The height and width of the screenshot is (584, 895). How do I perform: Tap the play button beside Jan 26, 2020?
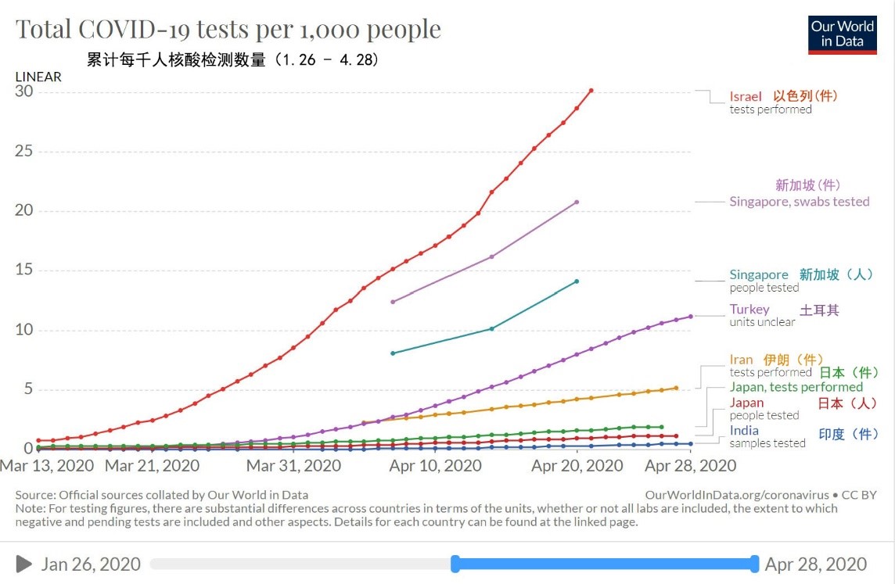24,564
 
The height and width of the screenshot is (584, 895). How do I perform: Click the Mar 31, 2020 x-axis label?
294,466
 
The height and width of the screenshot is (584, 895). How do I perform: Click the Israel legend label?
746,96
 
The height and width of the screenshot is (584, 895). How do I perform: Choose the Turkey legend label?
749,310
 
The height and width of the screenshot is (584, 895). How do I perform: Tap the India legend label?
744,431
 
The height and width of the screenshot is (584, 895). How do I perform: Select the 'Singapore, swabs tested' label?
799,202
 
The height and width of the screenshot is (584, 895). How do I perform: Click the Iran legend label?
741,360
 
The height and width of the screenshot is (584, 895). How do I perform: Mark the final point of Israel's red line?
591,91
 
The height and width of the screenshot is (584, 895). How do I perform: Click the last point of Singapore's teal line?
577,281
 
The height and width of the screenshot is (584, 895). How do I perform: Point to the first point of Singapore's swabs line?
393,302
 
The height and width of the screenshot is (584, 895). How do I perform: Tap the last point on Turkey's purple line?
691,317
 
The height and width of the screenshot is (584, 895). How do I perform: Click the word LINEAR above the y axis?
38,77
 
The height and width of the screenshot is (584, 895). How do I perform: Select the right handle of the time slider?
754,564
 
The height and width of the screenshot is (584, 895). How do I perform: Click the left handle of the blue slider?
455,564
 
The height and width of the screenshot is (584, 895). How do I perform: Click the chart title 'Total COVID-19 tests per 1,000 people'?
228,30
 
